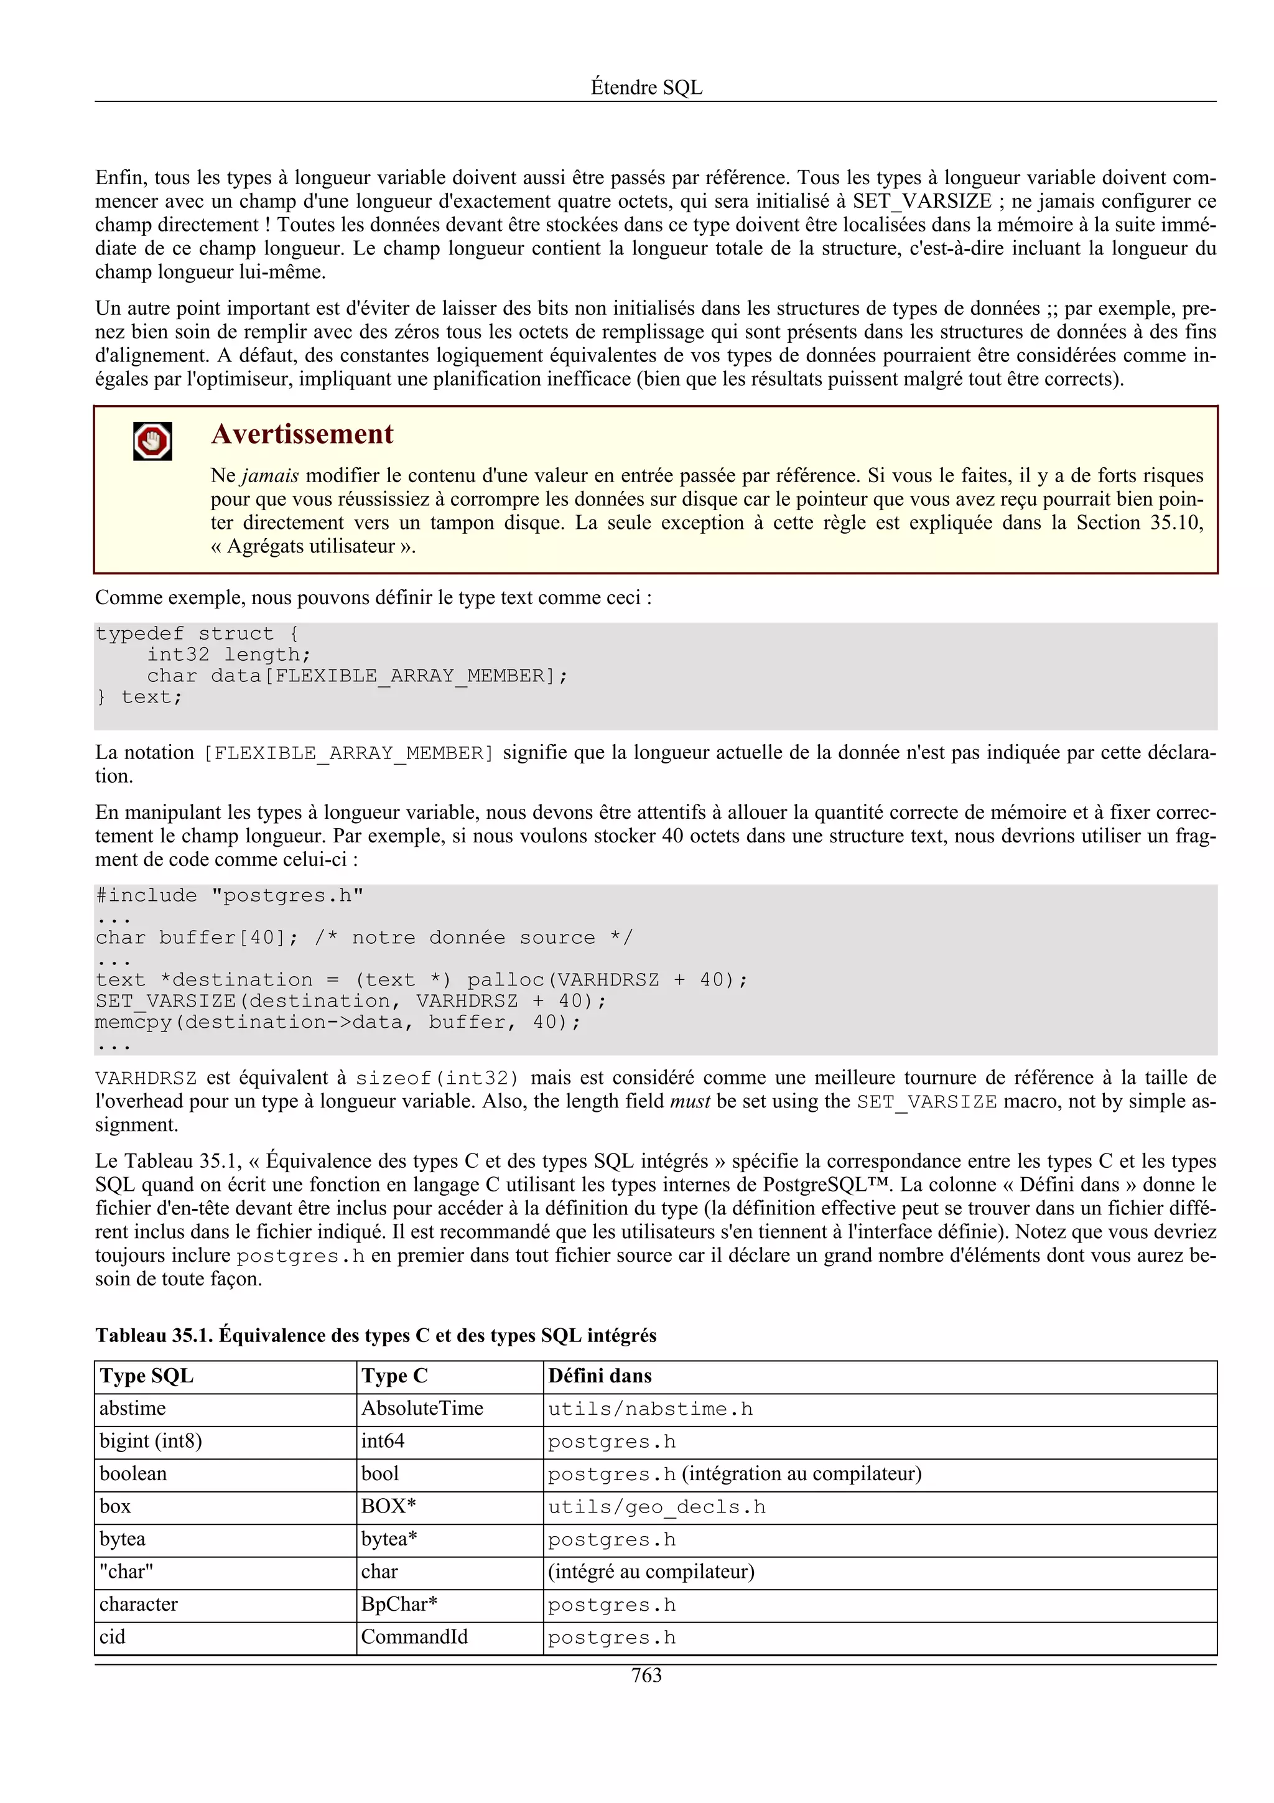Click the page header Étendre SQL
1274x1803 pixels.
(x=646, y=87)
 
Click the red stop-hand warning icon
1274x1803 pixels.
(x=152, y=441)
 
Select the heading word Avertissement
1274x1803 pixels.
(x=302, y=434)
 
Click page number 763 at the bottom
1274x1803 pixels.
(x=646, y=1676)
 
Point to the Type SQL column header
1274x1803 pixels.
(x=147, y=1377)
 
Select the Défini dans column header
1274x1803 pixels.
(x=600, y=1377)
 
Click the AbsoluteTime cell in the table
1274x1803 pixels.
(x=422, y=1409)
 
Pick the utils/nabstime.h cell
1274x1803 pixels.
(x=650, y=1410)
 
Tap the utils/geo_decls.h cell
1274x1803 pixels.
(x=656, y=1507)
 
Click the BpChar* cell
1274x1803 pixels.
(x=399, y=1605)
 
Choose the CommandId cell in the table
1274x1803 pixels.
(x=414, y=1638)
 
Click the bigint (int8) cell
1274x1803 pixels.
(x=151, y=1442)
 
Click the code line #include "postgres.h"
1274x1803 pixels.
(x=229, y=896)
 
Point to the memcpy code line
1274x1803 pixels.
(x=338, y=1022)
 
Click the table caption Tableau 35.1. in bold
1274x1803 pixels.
(x=154, y=1336)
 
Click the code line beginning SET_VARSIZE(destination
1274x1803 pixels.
(x=350, y=1001)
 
